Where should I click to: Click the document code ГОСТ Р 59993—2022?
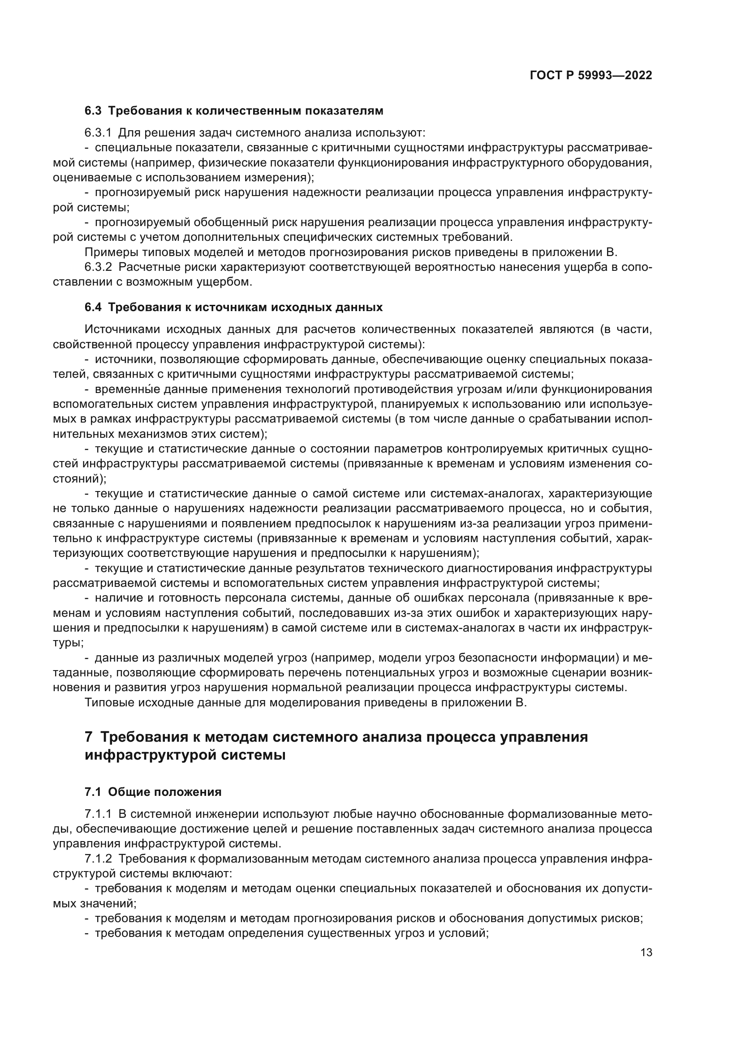click(590, 75)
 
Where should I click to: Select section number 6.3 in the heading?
click(93, 111)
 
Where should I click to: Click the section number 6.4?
click(93, 308)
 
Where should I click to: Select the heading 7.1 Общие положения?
click(153, 792)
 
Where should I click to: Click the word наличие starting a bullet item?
click(117, 598)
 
